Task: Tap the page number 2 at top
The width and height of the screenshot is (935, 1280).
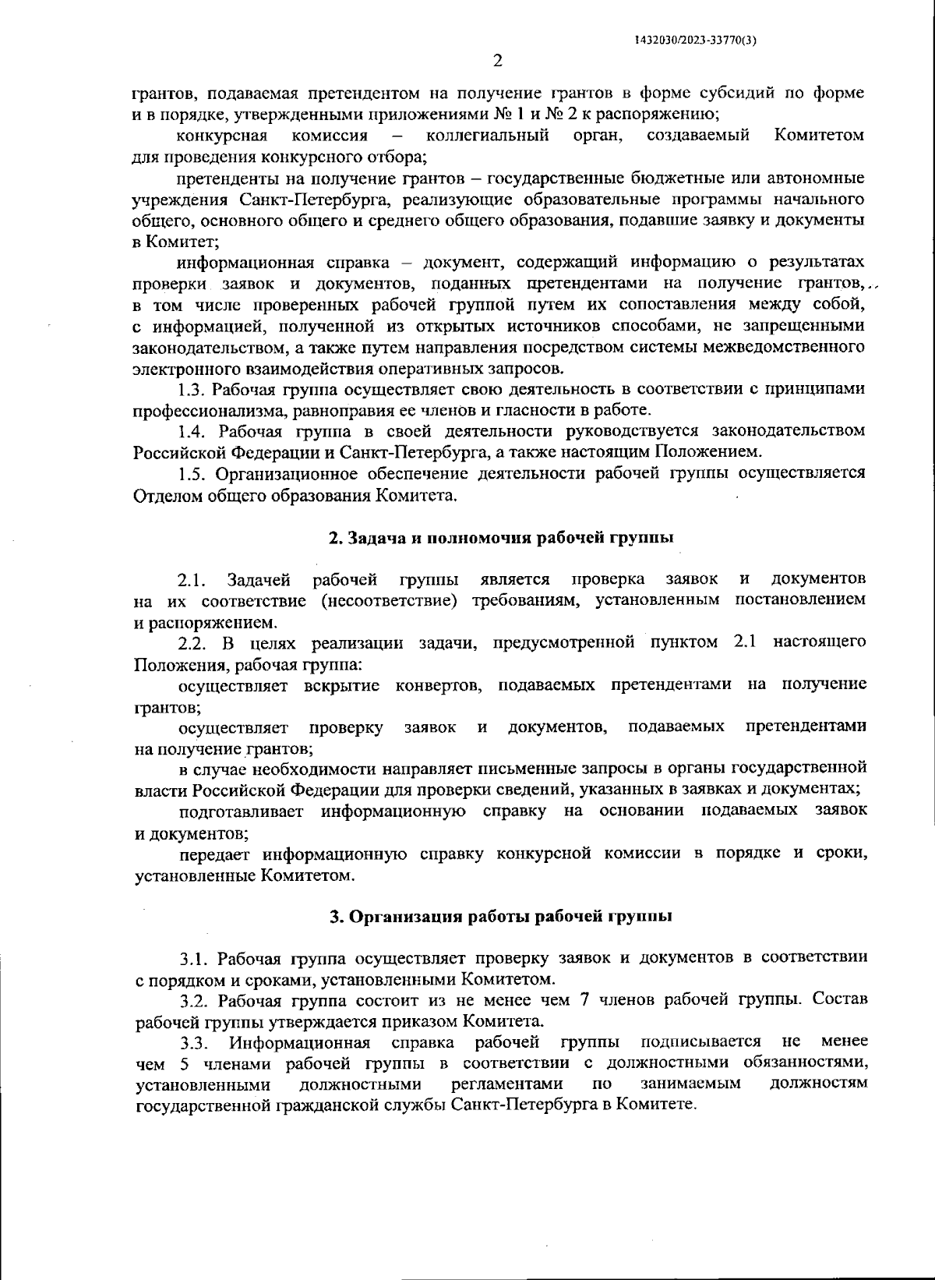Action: coord(498,60)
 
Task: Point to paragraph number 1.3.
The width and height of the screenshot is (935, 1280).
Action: coord(192,388)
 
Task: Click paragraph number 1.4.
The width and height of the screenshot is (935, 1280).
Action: coord(192,430)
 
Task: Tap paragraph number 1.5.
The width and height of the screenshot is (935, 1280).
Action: coord(192,472)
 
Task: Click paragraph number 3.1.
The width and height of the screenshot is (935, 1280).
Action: coord(194,957)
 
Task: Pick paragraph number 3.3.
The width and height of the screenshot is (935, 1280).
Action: coord(194,1042)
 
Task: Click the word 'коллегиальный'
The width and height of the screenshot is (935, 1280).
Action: coord(488,136)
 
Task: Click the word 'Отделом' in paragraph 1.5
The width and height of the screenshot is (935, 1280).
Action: coord(163,494)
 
